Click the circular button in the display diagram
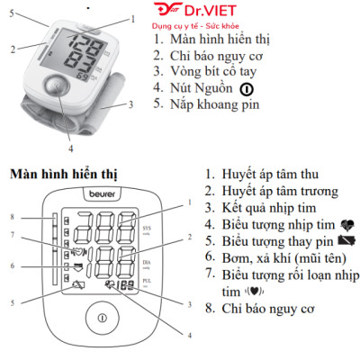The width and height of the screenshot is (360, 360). coord(103,319)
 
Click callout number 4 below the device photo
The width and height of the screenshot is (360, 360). coord(68,148)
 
